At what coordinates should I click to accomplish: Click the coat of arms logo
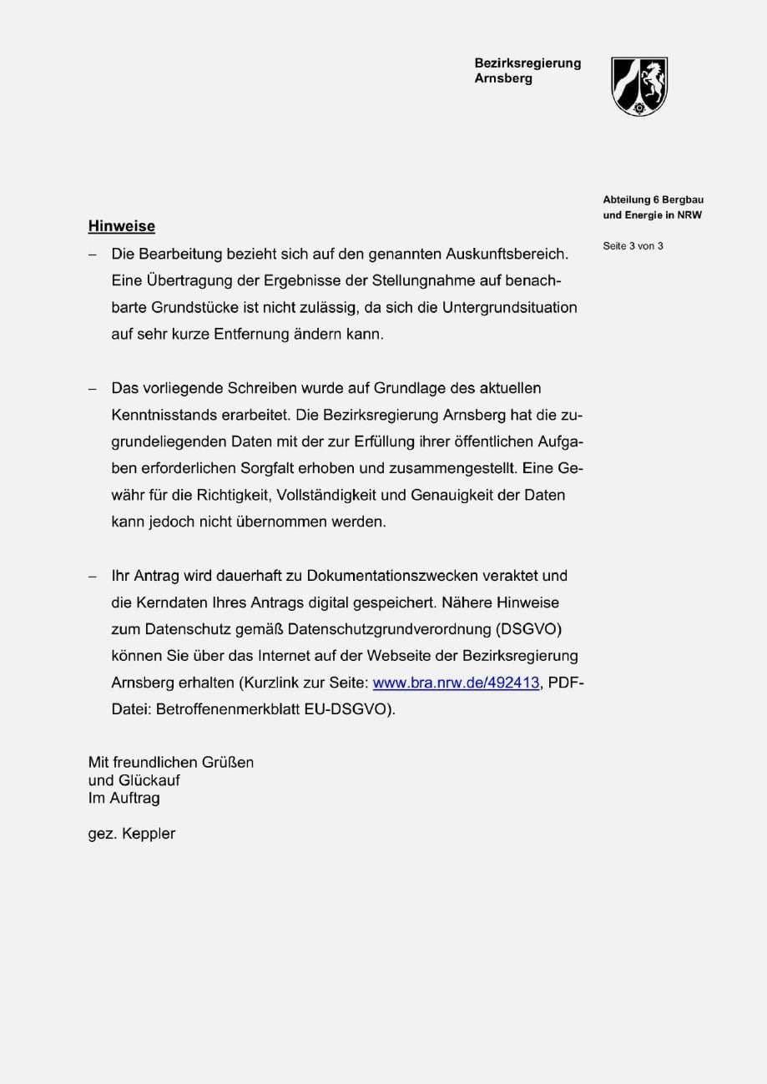(640, 86)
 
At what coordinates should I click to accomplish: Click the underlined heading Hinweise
(121, 226)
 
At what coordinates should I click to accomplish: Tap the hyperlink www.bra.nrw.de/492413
(456, 683)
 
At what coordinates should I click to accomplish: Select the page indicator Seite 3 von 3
(633, 246)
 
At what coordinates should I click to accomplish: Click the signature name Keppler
(149, 834)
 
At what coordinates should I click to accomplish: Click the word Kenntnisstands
(163, 415)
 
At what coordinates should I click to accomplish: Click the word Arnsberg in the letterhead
(502, 79)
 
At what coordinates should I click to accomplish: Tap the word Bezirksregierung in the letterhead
(527, 63)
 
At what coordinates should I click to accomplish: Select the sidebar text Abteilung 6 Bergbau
(653, 199)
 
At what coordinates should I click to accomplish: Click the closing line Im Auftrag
(124, 799)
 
